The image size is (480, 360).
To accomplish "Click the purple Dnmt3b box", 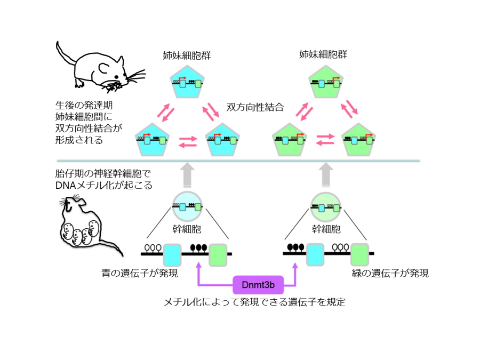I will (x=258, y=285).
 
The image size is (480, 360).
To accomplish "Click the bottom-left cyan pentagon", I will (x=151, y=140).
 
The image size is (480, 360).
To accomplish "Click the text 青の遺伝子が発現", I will (x=140, y=274).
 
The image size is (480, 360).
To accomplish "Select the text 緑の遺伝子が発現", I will (x=390, y=274).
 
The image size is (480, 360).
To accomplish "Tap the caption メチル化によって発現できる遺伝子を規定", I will (x=254, y=302).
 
